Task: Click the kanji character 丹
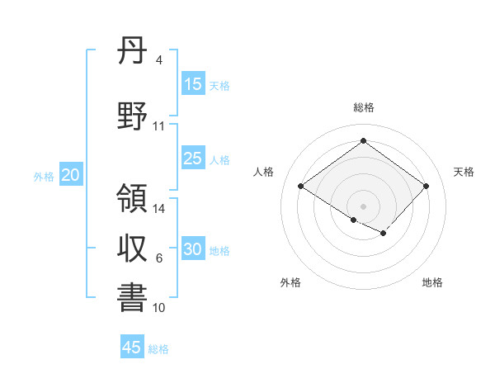pyautogui.click(x=132, y=53)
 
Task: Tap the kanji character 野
pyautogui.click(x=132, y=116)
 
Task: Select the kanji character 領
pyautogui.click(x=132, y=199)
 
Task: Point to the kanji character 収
pyautogui.click(x=132, y=248)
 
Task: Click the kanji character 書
pyautogui.click(x=132, y=298)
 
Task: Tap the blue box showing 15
pyautogui.click(x=193, y=84)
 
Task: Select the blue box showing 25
pyautogui.click(x=193, y=159)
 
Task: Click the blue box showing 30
pyautogui.click(x=193, y=249)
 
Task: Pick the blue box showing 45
pyautogui.click(x=132, y=348)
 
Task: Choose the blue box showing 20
pyautogui.click(x=71, y=174)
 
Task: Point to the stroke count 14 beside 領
pyautogui.click(x=159, y=209)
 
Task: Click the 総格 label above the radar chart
pyautogui.click(x=363, y=107)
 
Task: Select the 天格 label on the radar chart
pyautogui.click(x=464, y=172)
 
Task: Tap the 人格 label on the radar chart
pyautogui.click(x=264, y=172)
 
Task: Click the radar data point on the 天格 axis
pyautogui.click(x=426, y=186)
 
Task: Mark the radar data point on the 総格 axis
pyautogui.click(x=363, y=140)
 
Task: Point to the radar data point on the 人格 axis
pyautogui.click(x=300, y=186)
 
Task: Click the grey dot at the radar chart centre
pyautogui.click(x=363, y=205)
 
